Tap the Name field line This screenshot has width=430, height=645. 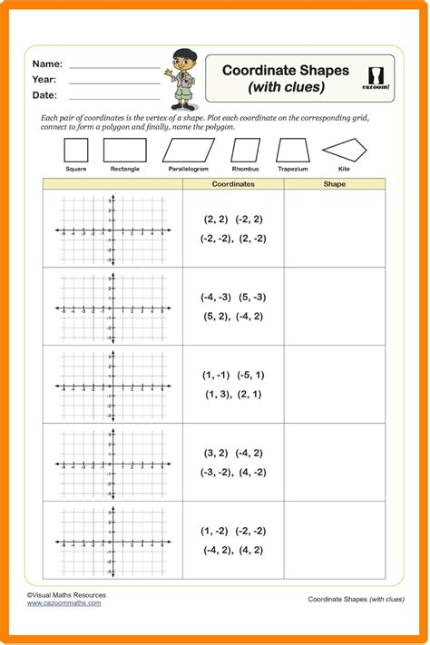(114, 67)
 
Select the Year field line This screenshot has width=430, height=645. (114, 83)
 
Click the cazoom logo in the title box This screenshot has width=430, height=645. (379, 76)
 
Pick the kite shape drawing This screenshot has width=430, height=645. (344, 150)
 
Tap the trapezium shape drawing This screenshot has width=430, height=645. (293, 150)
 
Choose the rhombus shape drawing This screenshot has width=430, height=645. (245, 150)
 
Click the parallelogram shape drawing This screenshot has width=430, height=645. (189, 150)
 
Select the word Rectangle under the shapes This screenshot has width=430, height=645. (125, 169)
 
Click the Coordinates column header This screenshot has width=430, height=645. (233, 184)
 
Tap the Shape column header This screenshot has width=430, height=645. (335, 184)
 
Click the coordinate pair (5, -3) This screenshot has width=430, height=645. (252, 297)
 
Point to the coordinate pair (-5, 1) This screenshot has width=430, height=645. (250, 375)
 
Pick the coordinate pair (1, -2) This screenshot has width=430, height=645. (215, 531)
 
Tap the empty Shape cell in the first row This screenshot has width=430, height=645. (335, 229)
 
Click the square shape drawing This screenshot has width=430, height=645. (76, 150)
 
